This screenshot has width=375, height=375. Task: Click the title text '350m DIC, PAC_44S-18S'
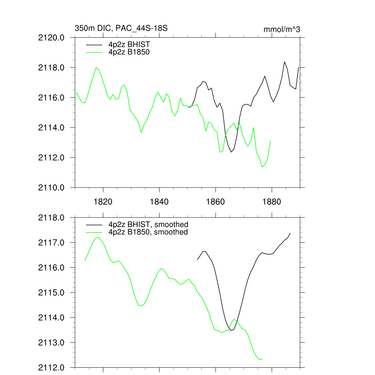(x=121, y=28)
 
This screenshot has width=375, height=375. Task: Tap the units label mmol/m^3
(x=282, y=29)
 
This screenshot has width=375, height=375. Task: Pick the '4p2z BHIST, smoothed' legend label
(x=148, y=224)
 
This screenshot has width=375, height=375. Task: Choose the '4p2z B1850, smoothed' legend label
(x=148, y=232)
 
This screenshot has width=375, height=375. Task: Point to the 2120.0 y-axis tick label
(x=52, y=38)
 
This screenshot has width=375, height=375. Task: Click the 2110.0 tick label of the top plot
(x=52, y=187)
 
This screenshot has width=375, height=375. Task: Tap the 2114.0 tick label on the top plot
(x=52, y=127)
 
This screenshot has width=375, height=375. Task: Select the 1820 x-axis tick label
(x=103, y=202)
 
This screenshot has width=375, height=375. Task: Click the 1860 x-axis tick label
(x=216, y=202)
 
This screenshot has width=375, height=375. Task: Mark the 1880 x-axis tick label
(x=272, y=202)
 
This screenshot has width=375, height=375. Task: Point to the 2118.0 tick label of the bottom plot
(x=52, y=218)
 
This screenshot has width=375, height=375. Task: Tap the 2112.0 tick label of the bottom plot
(x=52, y=367)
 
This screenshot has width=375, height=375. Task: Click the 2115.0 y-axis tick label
(x=52, y=293)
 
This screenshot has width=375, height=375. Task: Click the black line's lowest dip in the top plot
(x=231, y=152)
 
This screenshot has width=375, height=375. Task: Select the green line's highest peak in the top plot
(x=96, y=67)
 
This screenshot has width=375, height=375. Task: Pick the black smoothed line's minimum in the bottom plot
(x=231, y=331)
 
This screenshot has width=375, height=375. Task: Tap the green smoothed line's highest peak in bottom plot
(x=97, y=237)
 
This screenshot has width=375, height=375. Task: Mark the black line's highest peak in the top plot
(x=285, y=62)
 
